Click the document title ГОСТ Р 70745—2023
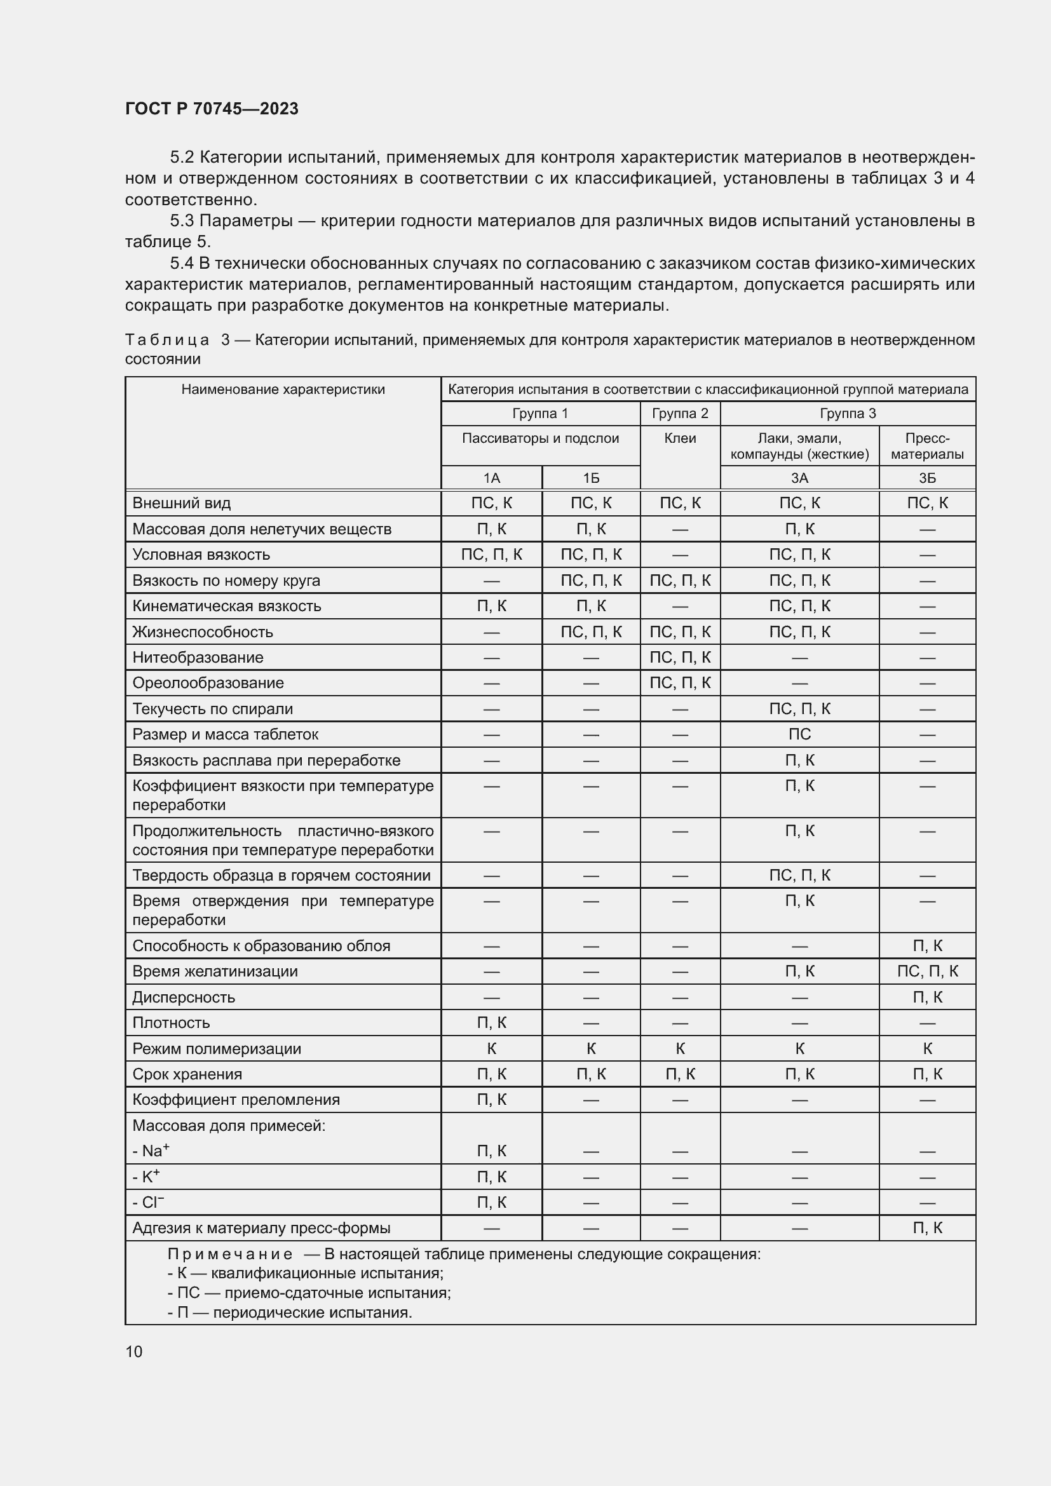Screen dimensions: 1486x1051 coord(212,109)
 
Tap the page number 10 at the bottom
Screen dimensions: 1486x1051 coord(134,1351)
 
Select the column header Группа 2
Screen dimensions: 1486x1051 coord(679,414)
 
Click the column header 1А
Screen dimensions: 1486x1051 coord(491,478)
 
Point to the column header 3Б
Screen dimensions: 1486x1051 coord(926,478)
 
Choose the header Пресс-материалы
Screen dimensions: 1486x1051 coord(926,446)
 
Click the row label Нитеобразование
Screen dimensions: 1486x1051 coord(198,658)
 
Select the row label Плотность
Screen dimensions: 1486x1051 coord(171,1023)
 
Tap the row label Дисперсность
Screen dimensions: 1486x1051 coord(183,997)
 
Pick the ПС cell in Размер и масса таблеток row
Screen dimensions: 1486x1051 coord(799,734)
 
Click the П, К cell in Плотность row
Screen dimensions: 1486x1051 coord(491,1023)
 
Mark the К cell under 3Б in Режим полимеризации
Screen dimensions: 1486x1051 coord(926,1048)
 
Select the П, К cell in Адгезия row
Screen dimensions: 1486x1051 coord(926,1228)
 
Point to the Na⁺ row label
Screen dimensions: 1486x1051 coord(151,1151)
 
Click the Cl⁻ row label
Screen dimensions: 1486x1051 coord(148,1202)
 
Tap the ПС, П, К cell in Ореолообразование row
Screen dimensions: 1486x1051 coord(679,683)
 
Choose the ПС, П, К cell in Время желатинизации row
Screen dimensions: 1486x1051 coord(926,971)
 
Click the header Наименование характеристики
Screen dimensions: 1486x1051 coord(283,389)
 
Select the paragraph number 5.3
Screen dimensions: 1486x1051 coord(182,220)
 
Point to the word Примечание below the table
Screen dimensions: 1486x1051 coord(230,1254)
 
